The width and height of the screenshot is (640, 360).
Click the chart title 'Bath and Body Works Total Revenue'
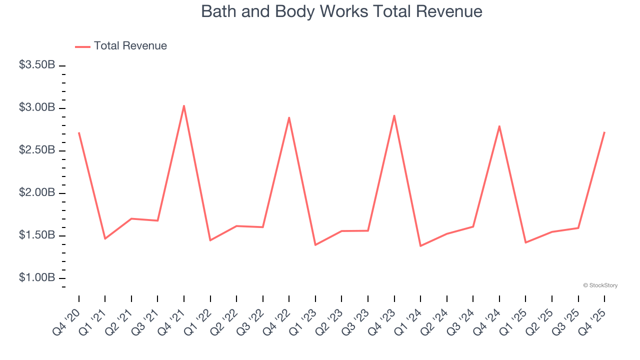click(341, 11)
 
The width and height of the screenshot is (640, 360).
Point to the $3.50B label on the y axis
click(37, 65)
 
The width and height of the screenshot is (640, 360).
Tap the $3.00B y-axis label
click(37, 107)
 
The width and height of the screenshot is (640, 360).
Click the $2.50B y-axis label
click(37, 150)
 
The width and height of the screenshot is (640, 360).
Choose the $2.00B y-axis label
click(37, 192)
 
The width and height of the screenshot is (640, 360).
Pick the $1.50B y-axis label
click(37, 235)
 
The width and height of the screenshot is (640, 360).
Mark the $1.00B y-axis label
click(37, 277)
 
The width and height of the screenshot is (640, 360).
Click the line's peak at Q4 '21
click(184, 105)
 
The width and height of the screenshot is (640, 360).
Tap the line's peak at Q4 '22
click(289, 117)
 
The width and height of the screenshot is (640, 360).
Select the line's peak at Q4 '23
click(394, 115)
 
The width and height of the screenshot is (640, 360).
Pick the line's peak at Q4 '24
click(499, 126)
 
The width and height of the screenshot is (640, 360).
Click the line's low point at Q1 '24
click(420, 246)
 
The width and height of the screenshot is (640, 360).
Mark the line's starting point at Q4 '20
click(79, 132)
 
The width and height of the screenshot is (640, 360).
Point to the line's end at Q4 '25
click(604, 132)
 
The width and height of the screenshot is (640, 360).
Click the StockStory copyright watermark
click(600, 285)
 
